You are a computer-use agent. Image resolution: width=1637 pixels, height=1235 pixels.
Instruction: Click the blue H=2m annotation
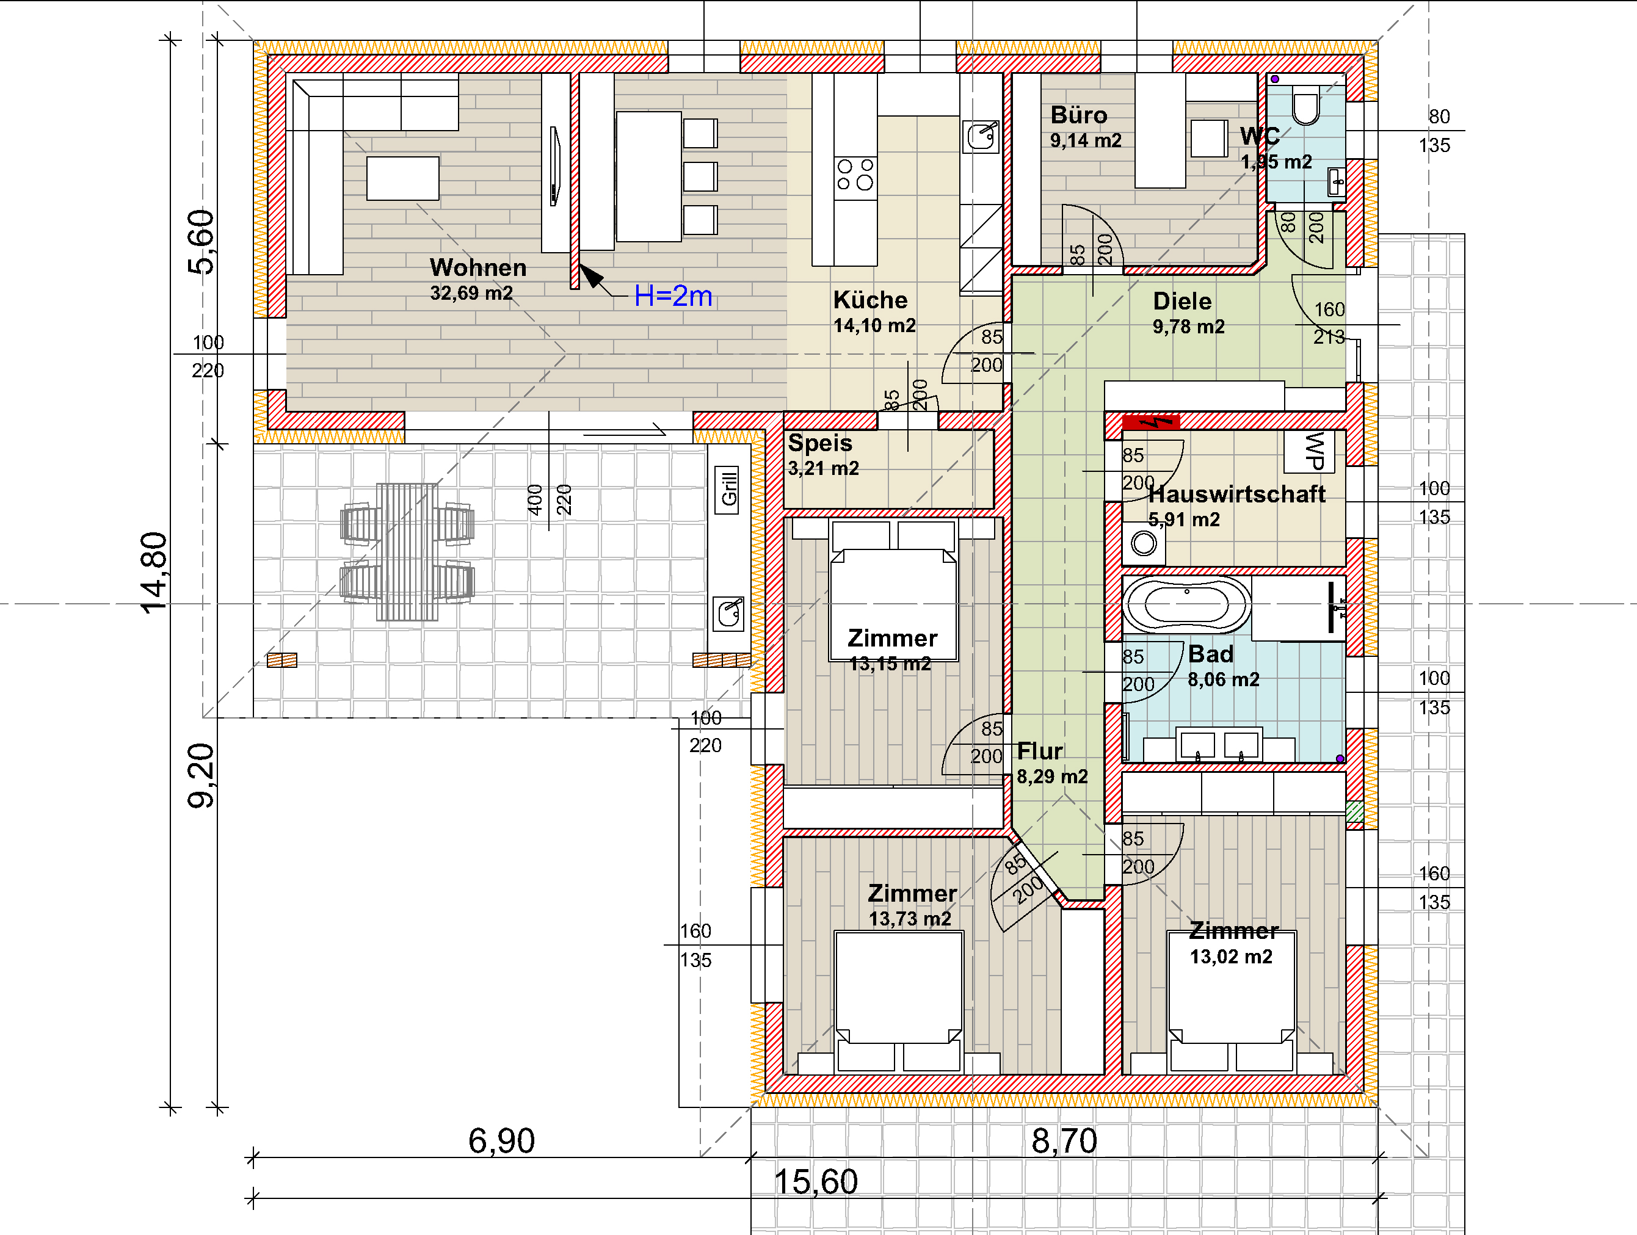673,296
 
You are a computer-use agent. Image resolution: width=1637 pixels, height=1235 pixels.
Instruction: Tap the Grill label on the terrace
729,489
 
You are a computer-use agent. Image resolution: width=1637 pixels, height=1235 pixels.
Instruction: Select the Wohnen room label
478,267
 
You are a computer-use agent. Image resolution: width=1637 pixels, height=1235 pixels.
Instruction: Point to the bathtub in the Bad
1186,604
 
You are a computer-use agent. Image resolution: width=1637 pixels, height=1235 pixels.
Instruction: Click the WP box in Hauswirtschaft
1310,451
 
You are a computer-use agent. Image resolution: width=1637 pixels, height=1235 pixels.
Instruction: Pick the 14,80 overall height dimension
154,573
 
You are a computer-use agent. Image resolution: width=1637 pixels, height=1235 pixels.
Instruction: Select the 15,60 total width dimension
816,1182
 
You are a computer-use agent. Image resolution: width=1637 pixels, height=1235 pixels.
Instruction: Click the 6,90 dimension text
501,1140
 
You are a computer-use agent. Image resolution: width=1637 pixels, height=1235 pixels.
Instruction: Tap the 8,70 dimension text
1064,1140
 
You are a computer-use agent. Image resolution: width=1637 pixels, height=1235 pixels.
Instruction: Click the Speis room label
820,443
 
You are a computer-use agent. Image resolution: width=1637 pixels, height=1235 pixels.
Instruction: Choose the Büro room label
1079,115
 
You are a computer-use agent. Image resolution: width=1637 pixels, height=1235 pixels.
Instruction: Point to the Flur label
1040,751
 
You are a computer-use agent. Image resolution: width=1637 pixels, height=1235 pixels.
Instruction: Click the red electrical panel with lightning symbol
1151,422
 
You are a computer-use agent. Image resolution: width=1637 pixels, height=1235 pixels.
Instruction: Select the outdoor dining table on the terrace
407,551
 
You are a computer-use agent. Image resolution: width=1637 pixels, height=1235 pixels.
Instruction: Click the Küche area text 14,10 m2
874,325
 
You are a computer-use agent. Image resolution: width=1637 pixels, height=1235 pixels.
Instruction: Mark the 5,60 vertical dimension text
200,242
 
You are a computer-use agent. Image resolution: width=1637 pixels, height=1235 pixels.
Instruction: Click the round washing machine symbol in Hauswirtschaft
1144,544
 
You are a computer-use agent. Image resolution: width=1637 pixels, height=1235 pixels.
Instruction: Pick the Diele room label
1182,301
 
